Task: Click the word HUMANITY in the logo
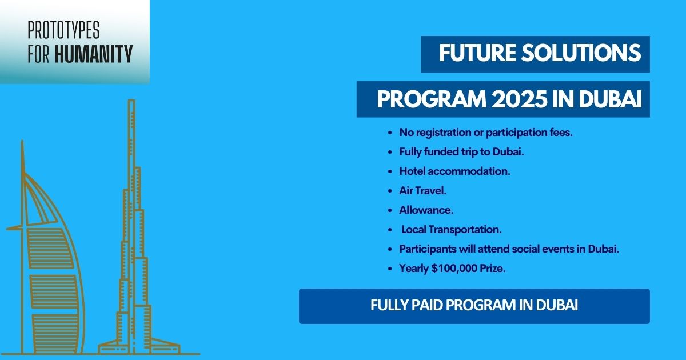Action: (94, 54)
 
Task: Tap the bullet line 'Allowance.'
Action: (426, 210)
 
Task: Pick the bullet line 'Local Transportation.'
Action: (452, 229)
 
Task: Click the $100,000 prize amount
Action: (457, 268)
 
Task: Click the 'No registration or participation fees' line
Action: (486, 132)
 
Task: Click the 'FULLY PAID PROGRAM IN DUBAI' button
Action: (474, 306)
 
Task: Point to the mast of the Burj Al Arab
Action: (22, 157)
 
